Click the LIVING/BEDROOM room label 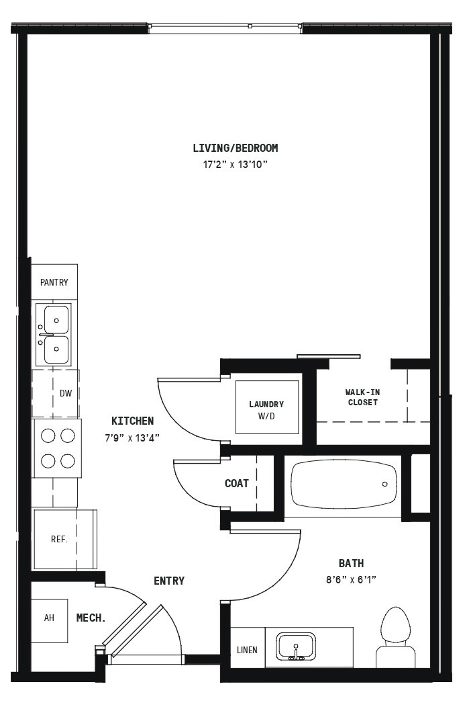coord(236,148)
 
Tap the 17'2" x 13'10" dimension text coord(236,165)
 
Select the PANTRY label coord(54,282)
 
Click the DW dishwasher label coord(66,393)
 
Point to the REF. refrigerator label coord(59,539)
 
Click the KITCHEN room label coord(133,421)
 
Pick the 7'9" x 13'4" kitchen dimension coord(132,438)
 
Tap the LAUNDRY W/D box coord(266,407)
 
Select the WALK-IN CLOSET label coord(362,397)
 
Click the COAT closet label coord(237,483)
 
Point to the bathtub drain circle coord(385,484)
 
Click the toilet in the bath coord(396,637)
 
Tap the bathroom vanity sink coord(296,646)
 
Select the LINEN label coord(247,650)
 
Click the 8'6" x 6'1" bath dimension coord(352,579)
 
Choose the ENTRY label coord(169,581)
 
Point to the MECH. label coord(91,618)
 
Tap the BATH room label coord(352,563)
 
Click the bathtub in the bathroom coord(344,485)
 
